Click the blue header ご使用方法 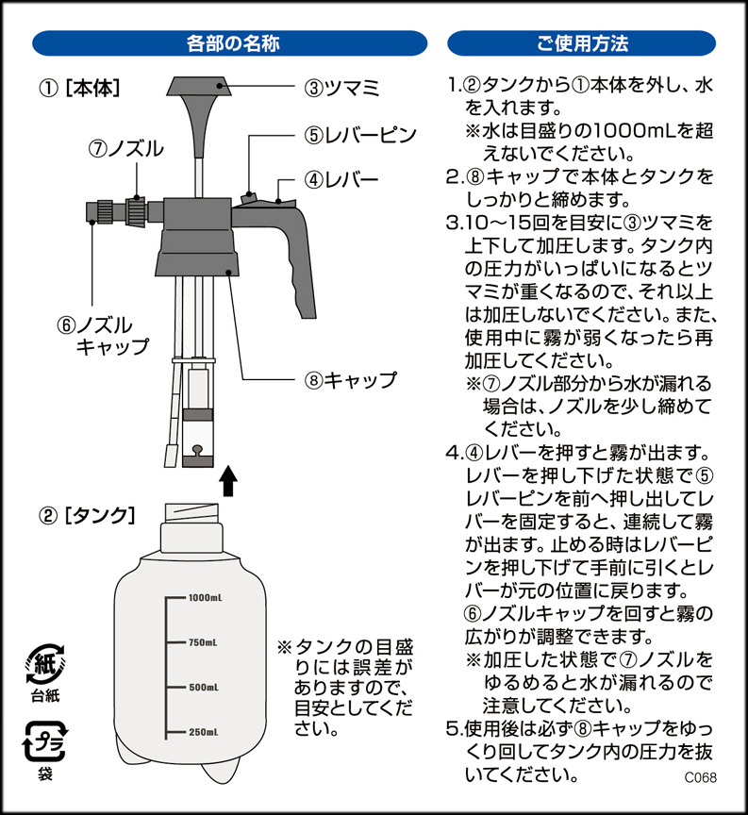click(x=582, y=43)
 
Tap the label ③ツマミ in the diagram click(x=342, y=88)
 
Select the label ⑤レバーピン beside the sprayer click(x=360, y=135)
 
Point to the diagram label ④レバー click(x=341, y=180)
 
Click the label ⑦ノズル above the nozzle click(x=125, y=149)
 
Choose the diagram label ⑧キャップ click(x=350, y=380)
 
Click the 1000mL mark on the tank click(x=206, y=598)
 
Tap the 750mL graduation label click(x=203, y=642)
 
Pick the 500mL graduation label click(x=203, y=687)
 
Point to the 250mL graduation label click(x=203, y=732)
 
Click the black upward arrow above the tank click(x=227, y=481)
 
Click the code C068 click(x=700, y=777)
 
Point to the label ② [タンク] click(x=87, y=516)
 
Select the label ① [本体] click(x=79, y=89)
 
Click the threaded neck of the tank click(x=191, y=513)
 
